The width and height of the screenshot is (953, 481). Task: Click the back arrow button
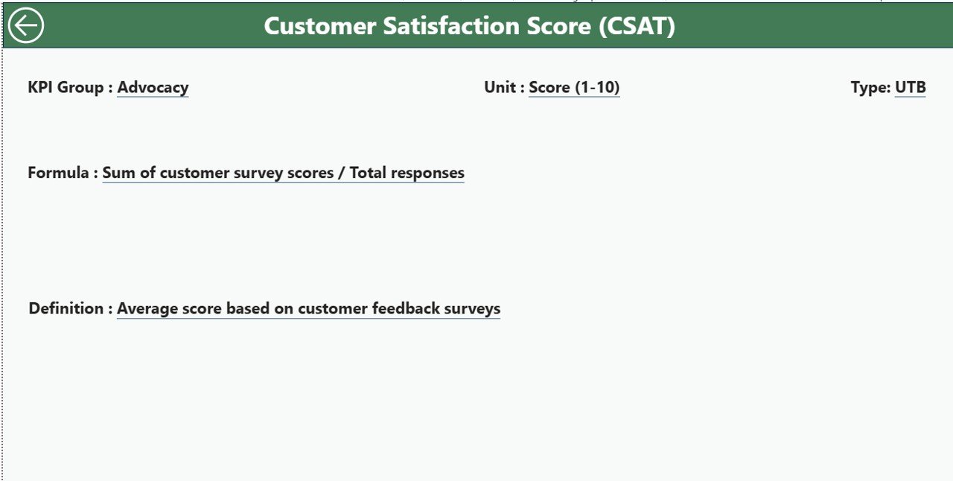26,25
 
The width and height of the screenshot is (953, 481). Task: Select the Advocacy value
153,88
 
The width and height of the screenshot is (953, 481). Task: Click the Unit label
500,88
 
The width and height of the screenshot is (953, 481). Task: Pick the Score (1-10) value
574,88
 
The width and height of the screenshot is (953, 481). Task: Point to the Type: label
870,88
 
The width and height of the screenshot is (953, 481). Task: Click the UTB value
911,88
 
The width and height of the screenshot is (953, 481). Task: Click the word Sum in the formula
117,173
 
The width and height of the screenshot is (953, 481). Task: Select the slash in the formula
342,173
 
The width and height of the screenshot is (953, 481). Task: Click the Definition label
66,308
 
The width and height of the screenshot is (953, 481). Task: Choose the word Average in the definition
147,308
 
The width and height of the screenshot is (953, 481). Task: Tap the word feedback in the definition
404,308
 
